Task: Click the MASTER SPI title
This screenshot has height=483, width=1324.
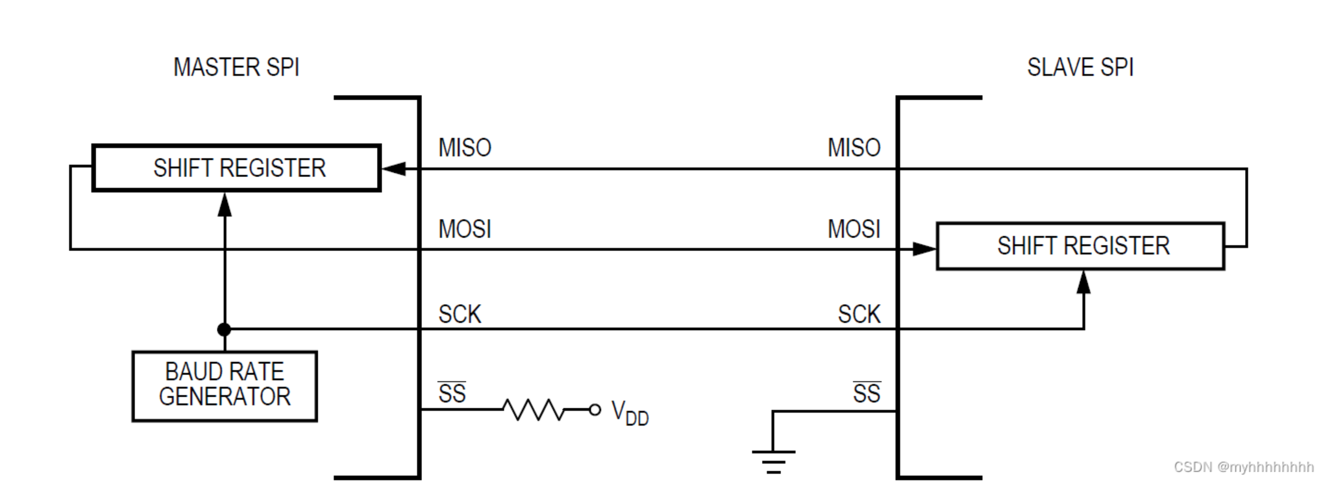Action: (236, 67)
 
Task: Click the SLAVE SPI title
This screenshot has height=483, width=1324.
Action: (1080, 67)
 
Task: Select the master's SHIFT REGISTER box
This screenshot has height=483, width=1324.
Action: (236, 168)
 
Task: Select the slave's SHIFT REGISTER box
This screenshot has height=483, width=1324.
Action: (1080, 246)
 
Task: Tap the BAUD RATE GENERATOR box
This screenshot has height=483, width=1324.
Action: (225, 386)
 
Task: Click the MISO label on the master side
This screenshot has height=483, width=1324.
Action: (465, 148)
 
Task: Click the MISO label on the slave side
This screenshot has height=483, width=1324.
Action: (854, 148)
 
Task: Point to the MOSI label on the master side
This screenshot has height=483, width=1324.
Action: (465, 229)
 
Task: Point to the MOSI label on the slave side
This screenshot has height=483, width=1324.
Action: (854, 229)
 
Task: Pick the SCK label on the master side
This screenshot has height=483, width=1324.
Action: (460, 315)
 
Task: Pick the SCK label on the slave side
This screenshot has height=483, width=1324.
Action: (859, 315)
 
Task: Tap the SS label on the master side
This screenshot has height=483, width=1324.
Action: (452, 393)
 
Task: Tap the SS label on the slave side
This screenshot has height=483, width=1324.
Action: (866, 393)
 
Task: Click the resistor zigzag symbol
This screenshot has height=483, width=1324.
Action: (533, 410)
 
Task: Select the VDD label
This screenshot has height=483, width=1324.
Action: (629, 413)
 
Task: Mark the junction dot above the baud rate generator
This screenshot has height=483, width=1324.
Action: (225, 329)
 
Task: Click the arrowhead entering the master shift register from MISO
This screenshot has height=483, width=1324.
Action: (394, 168)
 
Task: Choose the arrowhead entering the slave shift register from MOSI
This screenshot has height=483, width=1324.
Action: (924, 249)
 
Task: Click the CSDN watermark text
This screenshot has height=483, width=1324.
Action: (1243, 467)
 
